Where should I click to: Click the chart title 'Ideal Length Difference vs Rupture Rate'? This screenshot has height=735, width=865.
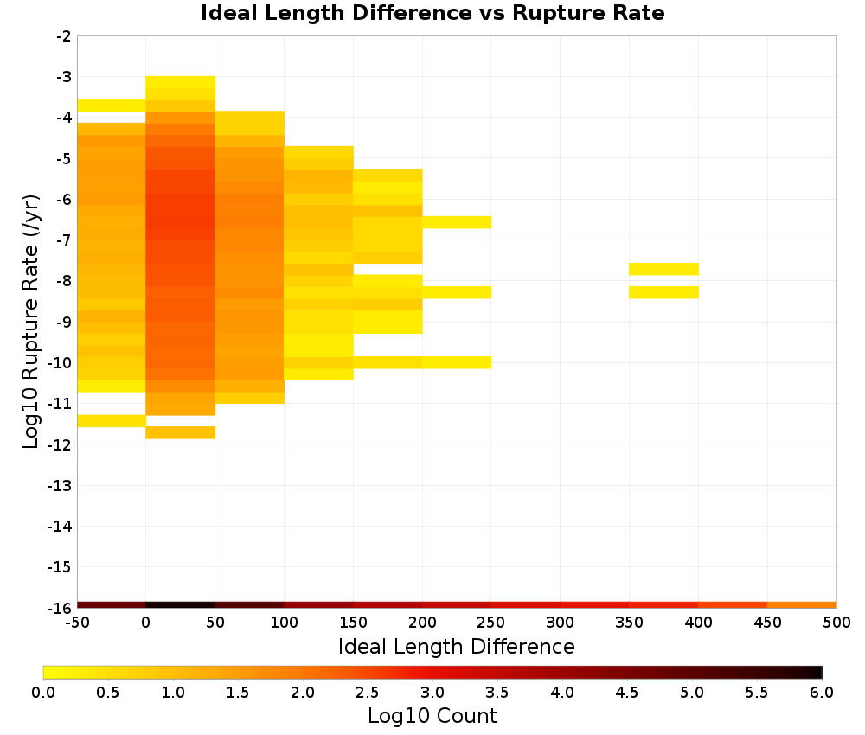point(432,13)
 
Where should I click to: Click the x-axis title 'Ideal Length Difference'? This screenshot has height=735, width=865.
point(456,646)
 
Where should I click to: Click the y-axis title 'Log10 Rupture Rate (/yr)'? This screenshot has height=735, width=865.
point(31,322)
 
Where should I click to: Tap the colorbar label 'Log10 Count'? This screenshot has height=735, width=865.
point(432,716)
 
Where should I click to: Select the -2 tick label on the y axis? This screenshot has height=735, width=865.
point(64,36)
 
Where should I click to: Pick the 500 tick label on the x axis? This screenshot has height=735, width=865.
point(836,623)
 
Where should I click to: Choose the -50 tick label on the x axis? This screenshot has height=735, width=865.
point(77,623)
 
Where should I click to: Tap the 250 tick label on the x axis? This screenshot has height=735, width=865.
point(491,623)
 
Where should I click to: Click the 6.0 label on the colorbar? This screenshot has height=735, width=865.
point(822,692)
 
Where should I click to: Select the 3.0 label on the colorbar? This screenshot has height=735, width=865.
point(432,692)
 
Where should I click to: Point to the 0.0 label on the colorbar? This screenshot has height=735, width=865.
point(43,692)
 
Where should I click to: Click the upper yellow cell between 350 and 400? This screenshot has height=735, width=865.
point(663,269)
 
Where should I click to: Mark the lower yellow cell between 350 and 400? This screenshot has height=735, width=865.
point(663,292)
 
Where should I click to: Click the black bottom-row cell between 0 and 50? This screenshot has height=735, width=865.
point(181,605)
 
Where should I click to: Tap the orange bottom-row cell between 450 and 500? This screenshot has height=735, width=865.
point(802,605)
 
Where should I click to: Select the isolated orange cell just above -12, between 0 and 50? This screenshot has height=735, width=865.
point(181,432)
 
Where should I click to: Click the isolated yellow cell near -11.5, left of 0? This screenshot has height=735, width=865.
point(112,421)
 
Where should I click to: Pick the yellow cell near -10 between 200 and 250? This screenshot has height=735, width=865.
point(457,362)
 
